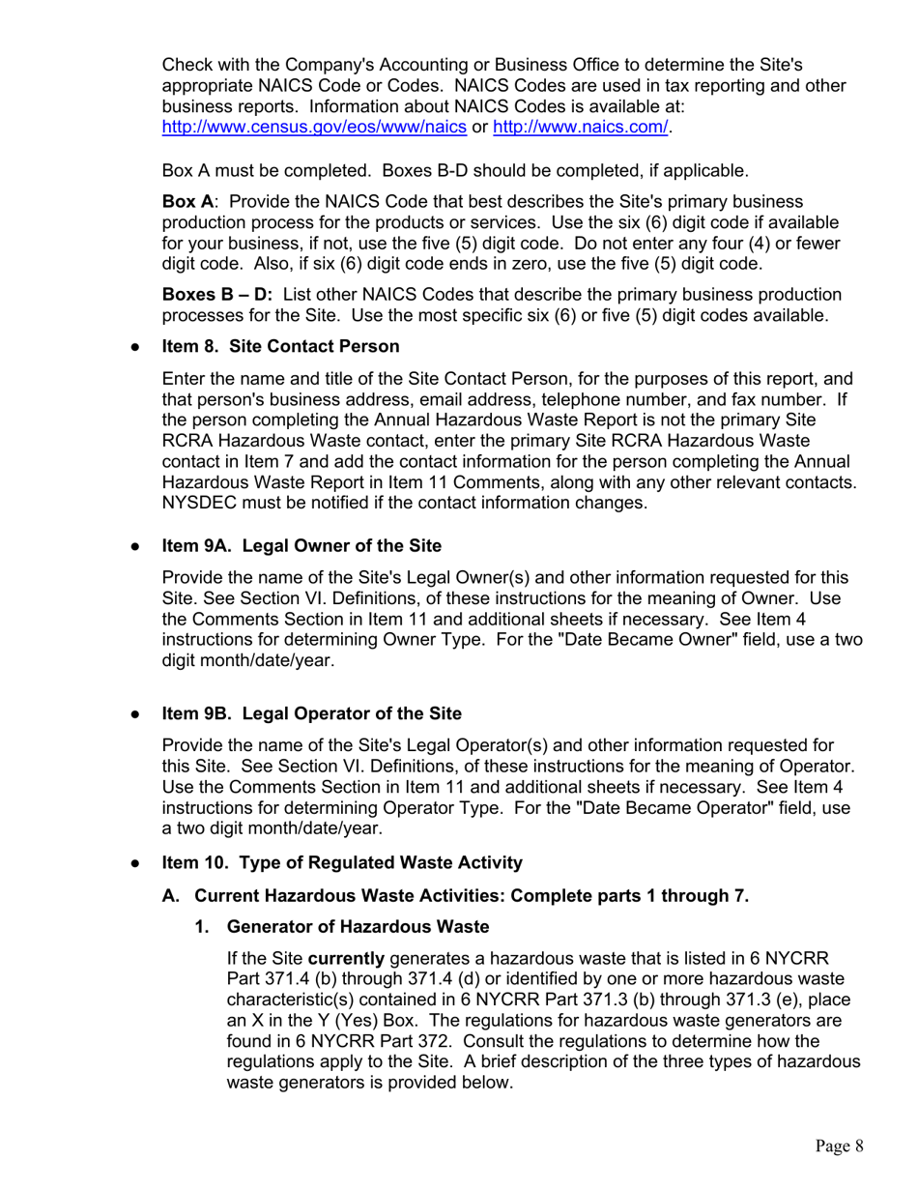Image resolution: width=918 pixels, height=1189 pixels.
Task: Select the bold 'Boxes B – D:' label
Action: [x=217, y=294]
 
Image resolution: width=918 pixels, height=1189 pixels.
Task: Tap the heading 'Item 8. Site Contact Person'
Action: [x=280, y=346]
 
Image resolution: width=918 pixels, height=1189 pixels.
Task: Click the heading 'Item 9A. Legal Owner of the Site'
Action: [x=301, y=545]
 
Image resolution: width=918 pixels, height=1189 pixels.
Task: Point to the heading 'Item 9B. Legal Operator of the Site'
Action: [x=311, y=713]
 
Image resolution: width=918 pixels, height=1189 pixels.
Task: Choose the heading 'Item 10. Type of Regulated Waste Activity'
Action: [x=342, y=862]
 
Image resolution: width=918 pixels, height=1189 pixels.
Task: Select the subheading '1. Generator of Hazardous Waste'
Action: [x=358, y=927]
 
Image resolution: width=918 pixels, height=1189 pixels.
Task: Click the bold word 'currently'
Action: [x=353, y=959]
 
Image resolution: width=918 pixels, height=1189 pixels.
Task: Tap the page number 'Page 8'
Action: [x=838, y=1146]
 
